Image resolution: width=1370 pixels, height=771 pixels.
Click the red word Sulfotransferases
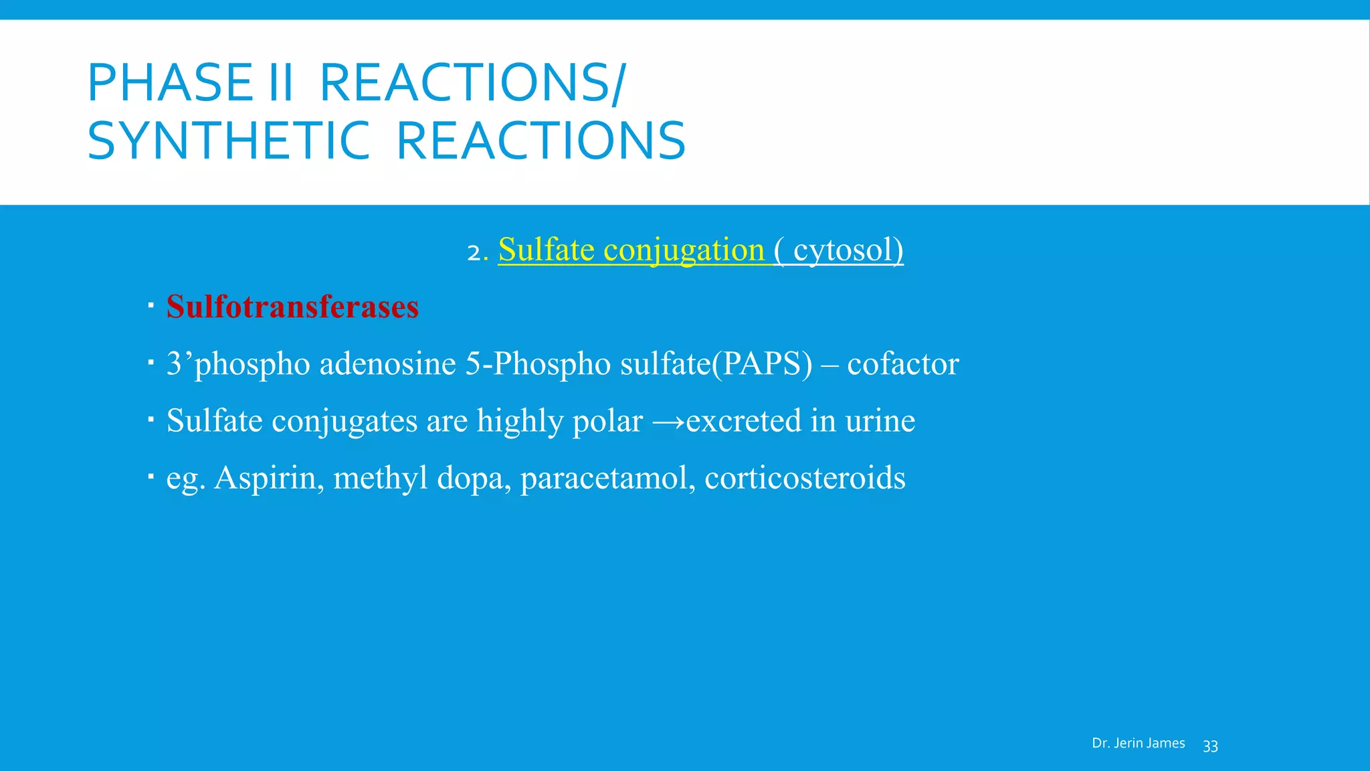coord(292,307)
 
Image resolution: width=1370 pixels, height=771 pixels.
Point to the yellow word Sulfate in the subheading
coord(546,250)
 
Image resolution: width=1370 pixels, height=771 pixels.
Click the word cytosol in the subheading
coord(844,250)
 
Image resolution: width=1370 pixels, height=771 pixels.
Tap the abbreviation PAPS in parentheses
coord(762,364)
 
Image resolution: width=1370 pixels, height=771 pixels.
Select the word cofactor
coord(903,364)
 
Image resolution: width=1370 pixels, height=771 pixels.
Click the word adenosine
coord(388,364)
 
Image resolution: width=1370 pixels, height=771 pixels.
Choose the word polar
coord(607,421)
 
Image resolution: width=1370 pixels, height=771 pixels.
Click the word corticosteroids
coord(805,479)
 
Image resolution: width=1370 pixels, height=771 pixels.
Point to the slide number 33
coord(1210,746)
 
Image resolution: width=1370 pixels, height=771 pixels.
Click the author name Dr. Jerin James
coord(1138,744)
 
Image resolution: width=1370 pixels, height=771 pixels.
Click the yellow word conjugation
coord(684,250)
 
